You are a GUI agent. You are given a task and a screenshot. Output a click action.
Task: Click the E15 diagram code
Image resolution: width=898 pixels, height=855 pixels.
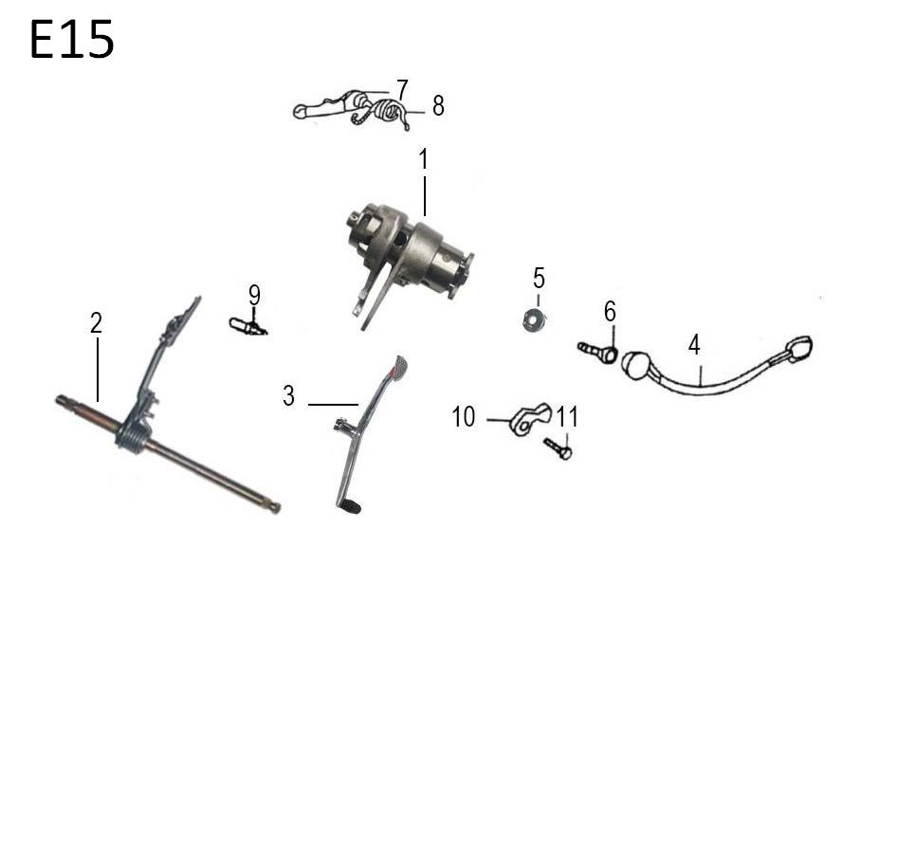click(71, 39)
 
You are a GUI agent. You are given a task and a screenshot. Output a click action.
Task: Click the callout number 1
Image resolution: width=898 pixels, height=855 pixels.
click(423, 159)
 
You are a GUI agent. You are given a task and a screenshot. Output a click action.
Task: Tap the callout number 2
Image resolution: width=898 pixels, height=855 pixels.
click(96, 323)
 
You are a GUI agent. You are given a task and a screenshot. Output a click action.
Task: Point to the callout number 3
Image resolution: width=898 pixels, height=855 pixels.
click(288, 395)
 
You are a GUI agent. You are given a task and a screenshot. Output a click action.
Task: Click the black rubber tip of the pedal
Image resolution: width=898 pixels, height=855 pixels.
click(350, 507)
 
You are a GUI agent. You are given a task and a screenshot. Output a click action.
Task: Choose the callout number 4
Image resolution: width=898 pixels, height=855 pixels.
click(694, 345)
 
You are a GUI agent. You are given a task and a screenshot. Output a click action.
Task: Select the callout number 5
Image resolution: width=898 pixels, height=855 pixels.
click(539, 279)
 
